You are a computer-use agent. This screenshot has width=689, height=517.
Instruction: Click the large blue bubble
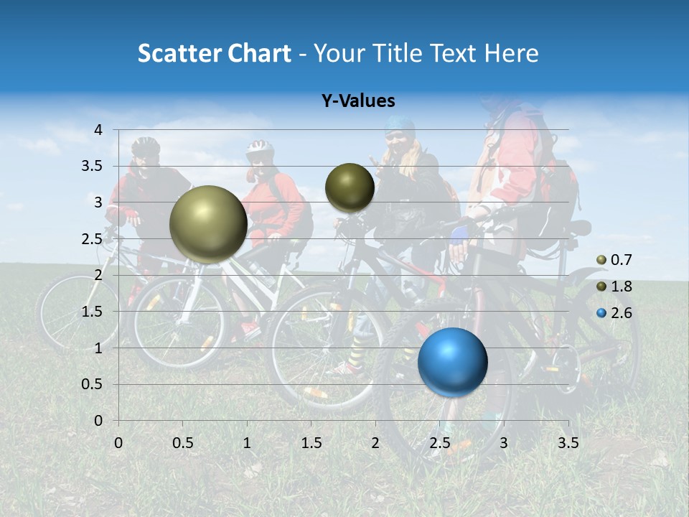coord(452,362)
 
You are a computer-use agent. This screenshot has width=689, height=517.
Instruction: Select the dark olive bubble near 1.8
coord(350,187)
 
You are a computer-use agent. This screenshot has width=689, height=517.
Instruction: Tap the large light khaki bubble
coord(208,224)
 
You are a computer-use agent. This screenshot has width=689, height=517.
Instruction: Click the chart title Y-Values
coord(358,101)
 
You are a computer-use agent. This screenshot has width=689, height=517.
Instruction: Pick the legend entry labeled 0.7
coord(614,260)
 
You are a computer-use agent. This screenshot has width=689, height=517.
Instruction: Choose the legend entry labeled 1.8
coord(614,287)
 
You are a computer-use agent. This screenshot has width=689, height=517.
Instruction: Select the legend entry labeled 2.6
coord(614,313)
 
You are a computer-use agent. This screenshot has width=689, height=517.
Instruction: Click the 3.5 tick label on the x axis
coord(568,443)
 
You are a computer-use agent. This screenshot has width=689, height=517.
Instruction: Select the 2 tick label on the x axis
coord(375,443)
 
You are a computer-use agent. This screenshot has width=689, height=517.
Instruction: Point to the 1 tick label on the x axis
coord(247,443)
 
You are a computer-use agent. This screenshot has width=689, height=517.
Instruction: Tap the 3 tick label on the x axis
coord(503,443)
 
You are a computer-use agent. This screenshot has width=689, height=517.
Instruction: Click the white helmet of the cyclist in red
coord(260,149)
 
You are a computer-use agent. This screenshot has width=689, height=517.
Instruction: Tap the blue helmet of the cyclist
coord(399,126)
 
